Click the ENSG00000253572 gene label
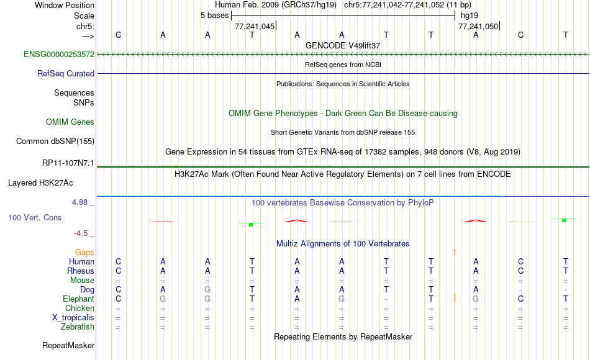pos(59,54)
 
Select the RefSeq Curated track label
pos(66,73)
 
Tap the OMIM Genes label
pos(70,122)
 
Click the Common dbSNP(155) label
pos(55,141)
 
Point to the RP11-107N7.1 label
pos(68,163)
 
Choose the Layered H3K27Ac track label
pos(40,183)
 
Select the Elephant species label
pos(79,299)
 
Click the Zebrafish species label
pos(78,326)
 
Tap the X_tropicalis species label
pos(73,318)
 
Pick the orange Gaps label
pos(84,253)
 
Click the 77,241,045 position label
pos(255,27)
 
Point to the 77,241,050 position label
pos(478,27)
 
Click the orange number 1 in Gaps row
pos(454,253)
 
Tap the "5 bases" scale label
pos(214,16)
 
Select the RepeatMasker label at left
pos(68,345)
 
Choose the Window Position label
pos(65,5)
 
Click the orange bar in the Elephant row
pos(455,298)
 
